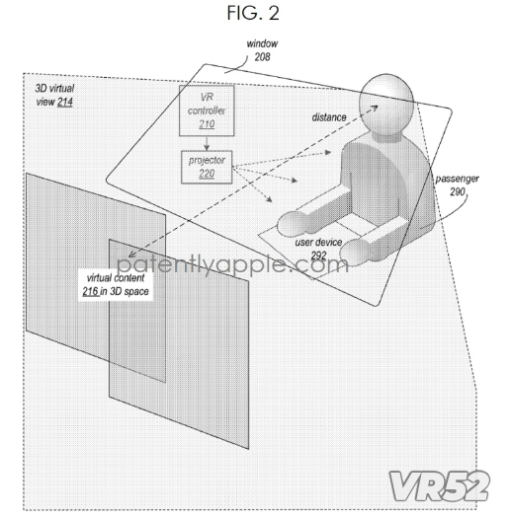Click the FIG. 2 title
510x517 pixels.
253,13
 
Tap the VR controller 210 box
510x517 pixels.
207,111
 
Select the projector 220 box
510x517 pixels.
207,167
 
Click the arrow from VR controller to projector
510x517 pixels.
207,143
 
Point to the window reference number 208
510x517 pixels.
262,57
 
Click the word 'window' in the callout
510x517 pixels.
262,43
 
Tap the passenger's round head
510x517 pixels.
386,103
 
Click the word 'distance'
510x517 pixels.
329,117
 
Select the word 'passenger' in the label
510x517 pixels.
457,179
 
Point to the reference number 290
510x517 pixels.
458,191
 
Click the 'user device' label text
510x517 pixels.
318,243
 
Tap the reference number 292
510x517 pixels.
318,256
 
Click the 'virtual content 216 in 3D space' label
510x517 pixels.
116,284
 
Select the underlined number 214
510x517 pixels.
65,102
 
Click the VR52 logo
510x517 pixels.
439,486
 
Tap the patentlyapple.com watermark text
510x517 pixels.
232,263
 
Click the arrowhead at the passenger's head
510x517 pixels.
375,108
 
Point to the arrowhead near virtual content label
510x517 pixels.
132,255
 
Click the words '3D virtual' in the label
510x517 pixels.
54,89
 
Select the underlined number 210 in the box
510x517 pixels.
207,124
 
